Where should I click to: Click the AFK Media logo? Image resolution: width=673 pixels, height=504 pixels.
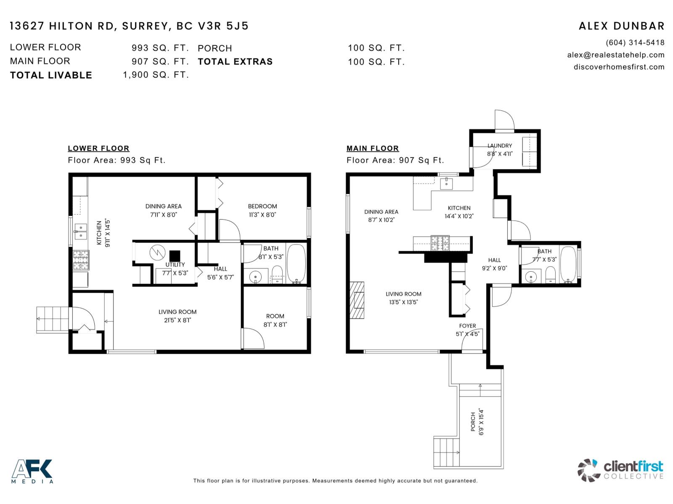32,471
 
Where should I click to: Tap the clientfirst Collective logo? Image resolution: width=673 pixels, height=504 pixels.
620,470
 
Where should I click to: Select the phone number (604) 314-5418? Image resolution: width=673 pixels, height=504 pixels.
635,42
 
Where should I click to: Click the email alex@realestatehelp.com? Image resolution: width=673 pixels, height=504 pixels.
615,55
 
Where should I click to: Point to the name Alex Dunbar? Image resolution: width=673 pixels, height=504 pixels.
621,26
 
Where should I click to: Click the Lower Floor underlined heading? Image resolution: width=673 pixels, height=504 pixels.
98,148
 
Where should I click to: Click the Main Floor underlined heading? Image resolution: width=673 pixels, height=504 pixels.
372,148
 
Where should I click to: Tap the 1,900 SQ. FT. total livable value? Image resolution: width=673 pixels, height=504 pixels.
156,75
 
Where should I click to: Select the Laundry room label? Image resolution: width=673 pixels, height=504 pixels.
500,146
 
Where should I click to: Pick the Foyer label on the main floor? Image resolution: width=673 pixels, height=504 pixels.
467,326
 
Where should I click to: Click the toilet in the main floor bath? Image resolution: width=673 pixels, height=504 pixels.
550,275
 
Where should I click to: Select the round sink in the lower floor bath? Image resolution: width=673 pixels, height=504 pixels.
255,277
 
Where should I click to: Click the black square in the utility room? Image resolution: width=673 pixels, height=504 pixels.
175,256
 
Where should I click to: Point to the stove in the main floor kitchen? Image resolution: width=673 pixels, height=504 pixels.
440,243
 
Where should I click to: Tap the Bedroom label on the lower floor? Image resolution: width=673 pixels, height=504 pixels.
262,206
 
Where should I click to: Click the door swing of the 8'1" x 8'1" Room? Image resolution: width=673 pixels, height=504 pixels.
252,339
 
